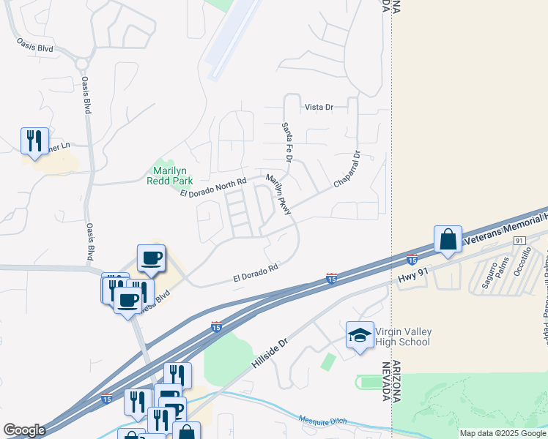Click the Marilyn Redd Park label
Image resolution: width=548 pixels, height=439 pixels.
[x=169, y=175]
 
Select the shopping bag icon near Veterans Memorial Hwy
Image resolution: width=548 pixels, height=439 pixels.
[x=447, y=239]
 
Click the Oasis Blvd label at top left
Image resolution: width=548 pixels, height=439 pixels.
[x=36, y=48]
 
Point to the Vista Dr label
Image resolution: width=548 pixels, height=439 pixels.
[x=319, y=108]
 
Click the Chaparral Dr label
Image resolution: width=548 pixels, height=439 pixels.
[x=348, y=170]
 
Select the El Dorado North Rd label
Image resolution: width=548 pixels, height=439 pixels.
[x=212, y=187]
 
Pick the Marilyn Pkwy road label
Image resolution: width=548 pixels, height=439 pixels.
[x=279, y=195]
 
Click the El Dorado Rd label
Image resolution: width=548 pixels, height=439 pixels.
[x=256, y=274]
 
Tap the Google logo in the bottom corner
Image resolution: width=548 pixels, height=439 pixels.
[x=24, y=430]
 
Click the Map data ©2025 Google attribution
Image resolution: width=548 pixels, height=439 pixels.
[x=503, y=433]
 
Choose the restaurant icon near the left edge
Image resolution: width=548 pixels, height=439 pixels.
[x=34, y=140]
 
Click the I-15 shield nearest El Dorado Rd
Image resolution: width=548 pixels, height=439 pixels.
[x=331, y=279]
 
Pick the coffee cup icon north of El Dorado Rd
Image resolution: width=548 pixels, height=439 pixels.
[x=151, y=258]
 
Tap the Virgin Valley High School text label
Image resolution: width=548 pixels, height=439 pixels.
[x=402, y=337]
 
